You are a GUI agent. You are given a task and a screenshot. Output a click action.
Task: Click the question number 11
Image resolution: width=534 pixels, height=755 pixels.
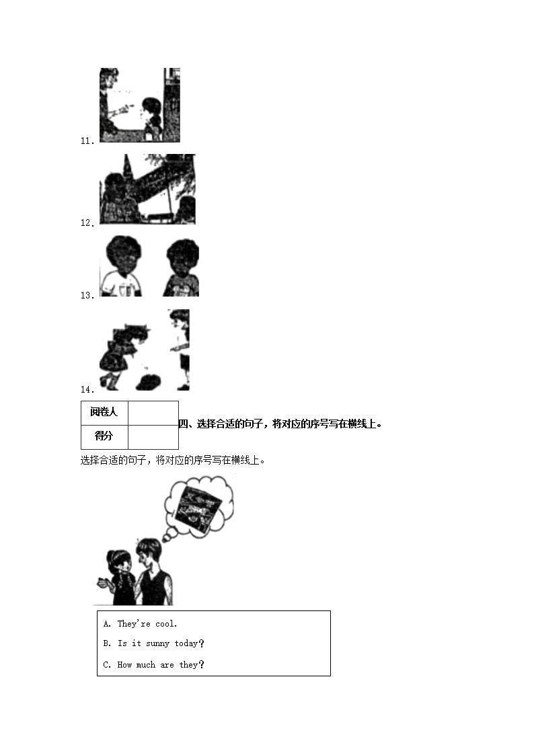tap(87, 141)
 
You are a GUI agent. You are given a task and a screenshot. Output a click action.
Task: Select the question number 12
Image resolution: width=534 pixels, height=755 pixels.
tap(87, 223)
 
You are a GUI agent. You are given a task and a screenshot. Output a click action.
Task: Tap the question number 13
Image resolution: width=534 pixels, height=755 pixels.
tap(87, 296)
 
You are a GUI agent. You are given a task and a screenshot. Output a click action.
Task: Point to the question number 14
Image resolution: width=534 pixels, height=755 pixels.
tap(87, 389)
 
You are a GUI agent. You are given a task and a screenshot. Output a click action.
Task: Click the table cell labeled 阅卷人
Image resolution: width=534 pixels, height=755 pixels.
tap(104, 413)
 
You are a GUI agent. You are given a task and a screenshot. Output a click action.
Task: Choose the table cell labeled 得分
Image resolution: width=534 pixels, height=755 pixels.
tap(104, 437)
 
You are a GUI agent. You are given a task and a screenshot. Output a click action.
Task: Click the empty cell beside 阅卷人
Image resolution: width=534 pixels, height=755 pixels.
tap(153, 413)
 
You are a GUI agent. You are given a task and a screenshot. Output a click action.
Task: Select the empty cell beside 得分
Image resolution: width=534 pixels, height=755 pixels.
tap(153, 437)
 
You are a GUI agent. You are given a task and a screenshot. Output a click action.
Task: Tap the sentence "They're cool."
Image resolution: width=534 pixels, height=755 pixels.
tap(147, 623)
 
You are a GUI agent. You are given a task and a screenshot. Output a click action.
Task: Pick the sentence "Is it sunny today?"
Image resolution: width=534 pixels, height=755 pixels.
tap(161, 643)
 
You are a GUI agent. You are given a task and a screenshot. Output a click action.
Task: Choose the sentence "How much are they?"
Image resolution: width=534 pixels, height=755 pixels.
tap(161, 665)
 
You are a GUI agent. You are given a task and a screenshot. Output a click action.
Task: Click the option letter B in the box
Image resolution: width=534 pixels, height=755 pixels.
tap(107, 643)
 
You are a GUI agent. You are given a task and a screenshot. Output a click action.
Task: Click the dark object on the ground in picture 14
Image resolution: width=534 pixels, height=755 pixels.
tap(149, 382)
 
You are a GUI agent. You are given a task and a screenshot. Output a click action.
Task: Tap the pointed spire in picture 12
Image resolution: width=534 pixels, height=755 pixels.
tap(126, 167)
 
